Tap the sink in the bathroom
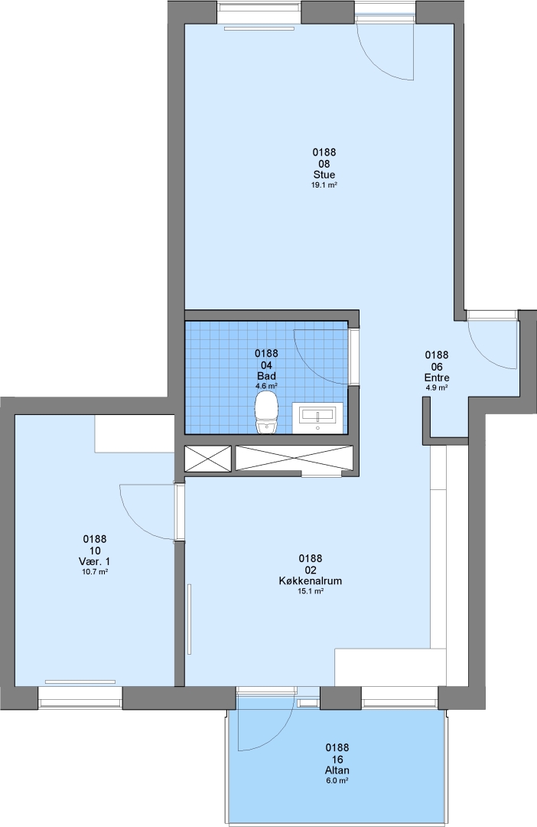point(318,417)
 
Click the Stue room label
point(324,175)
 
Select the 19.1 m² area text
point(324,185)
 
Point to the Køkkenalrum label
point(311,580)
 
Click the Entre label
point(437,378)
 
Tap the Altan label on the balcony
point(337,770)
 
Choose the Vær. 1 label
point(95,561)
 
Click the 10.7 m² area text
point(95,572)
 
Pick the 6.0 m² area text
point(337,780)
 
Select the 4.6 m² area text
point(267,386)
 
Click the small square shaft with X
point(207,459)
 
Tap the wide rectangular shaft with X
point(294,458)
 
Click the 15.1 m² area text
point(311,591)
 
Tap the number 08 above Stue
point(324,164)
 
